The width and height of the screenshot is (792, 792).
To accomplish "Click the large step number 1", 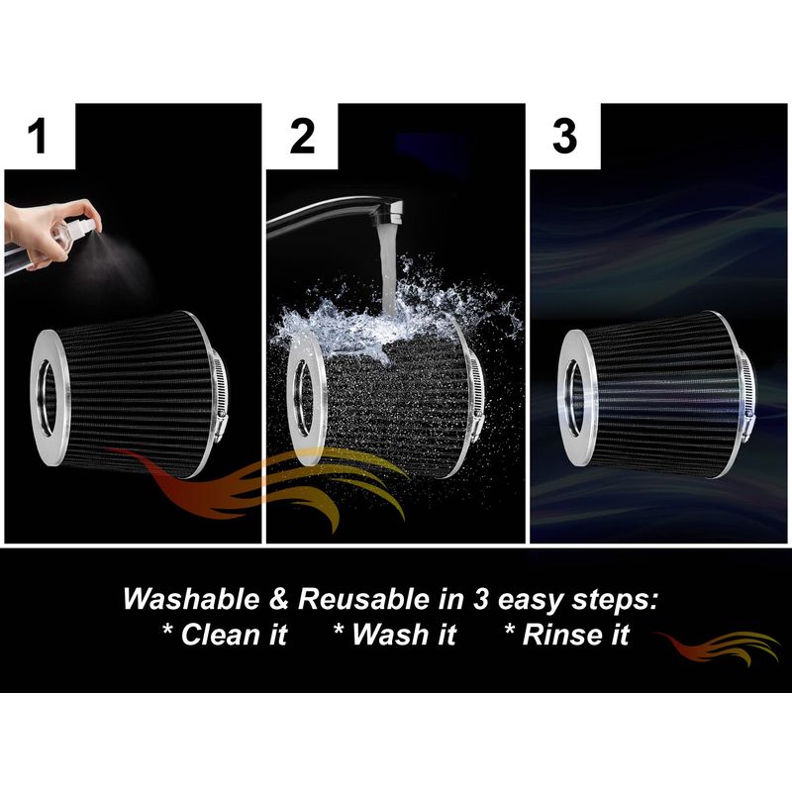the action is tap(38, 137).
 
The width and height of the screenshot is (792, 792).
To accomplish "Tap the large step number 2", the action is tap(302, 137).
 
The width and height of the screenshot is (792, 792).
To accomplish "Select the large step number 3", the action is tap(564, 137).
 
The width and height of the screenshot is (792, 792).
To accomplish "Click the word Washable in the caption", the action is tap(191, 599).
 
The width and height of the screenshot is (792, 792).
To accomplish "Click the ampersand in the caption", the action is tap(279, 599).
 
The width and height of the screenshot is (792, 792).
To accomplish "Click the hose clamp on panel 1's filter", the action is tap(218, 395).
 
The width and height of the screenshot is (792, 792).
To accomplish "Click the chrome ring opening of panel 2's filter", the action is tap(302, 398).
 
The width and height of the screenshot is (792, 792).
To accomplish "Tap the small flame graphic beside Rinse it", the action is tap(717, 647).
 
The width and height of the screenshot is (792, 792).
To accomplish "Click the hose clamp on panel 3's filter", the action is tap(748, 390).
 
